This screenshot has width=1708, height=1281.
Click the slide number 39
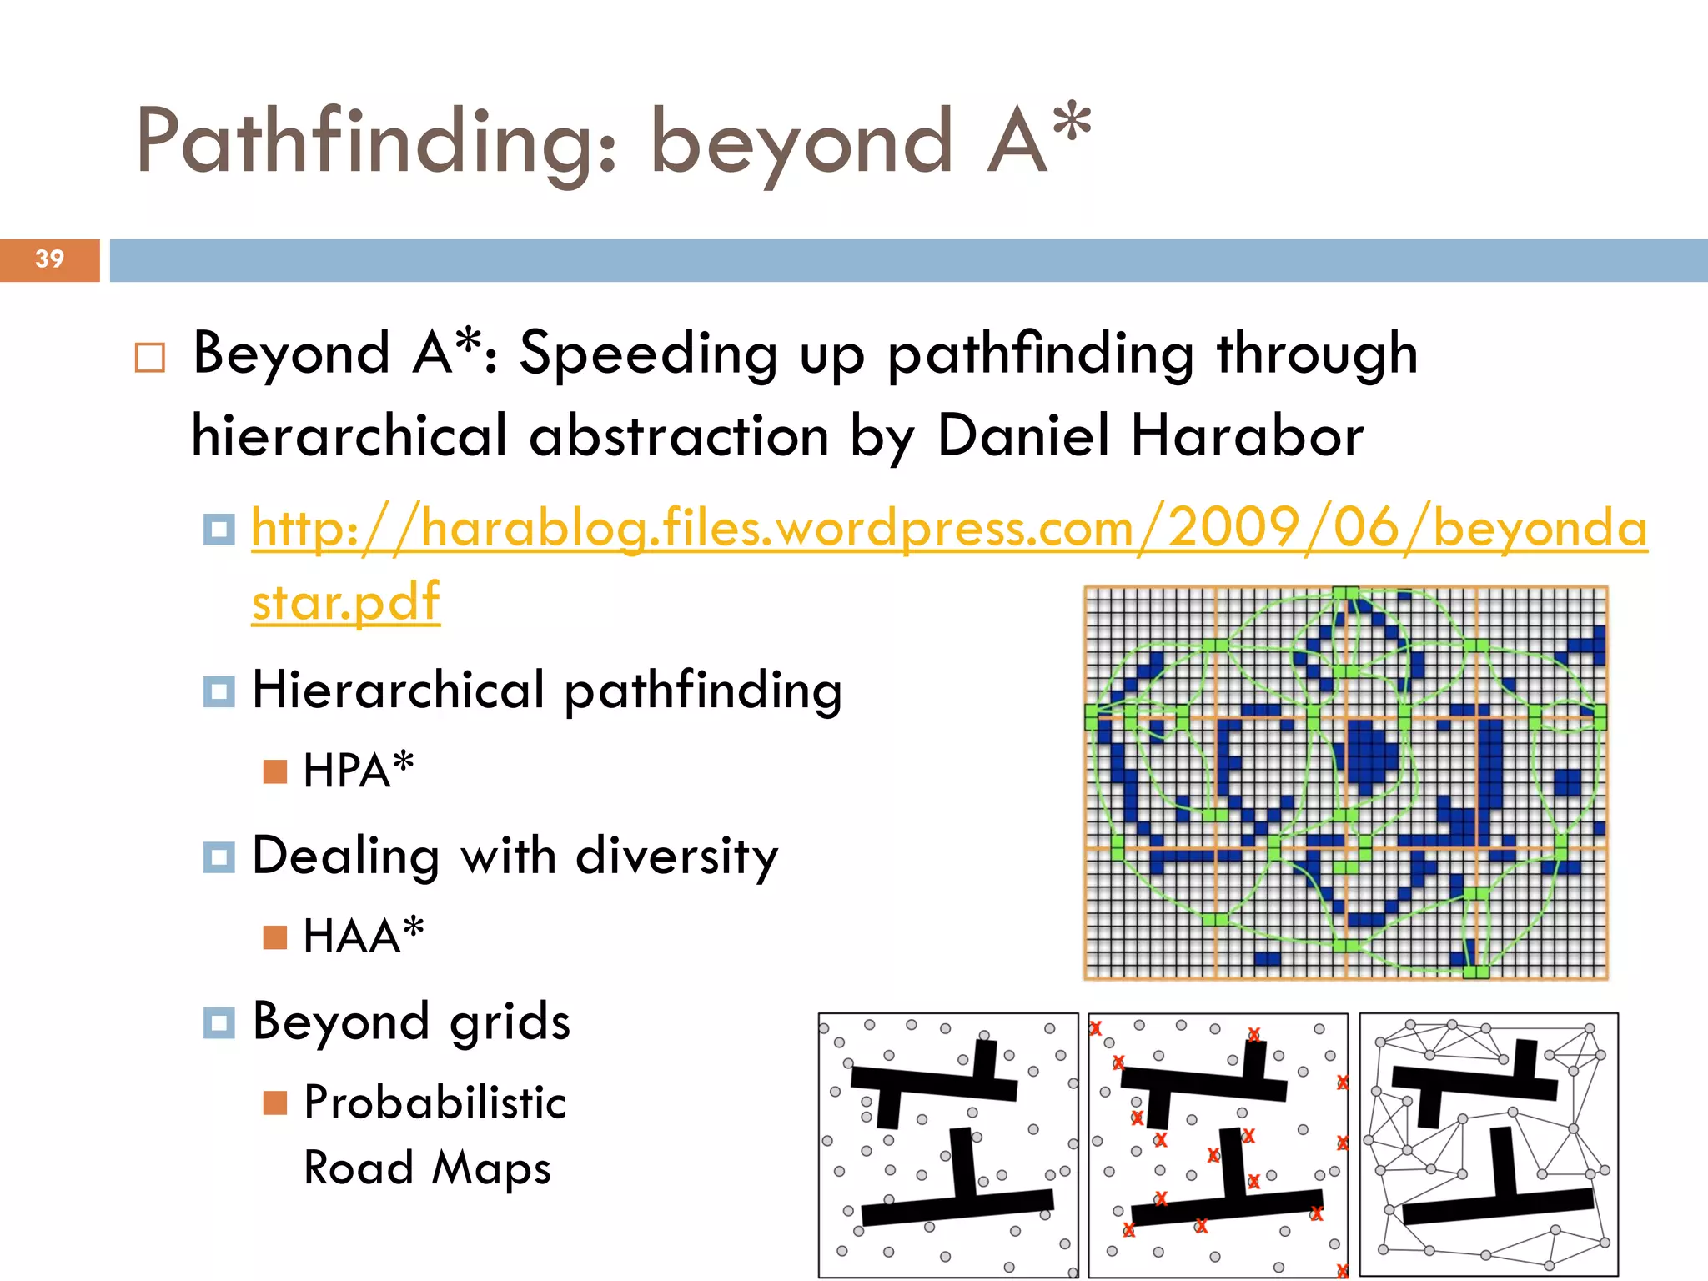click(50, 259)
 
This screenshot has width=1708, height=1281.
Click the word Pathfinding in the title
click(376, 142)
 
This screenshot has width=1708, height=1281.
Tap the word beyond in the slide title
click(801, 143)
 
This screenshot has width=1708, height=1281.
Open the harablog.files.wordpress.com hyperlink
click(949, 529)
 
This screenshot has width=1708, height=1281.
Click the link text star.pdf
click(345, 602)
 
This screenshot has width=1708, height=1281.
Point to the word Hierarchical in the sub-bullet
click(399, 691)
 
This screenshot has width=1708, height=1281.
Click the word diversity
click(676, 857)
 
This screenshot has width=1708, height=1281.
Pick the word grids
click(510, 1022)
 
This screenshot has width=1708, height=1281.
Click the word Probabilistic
click(435, 1103)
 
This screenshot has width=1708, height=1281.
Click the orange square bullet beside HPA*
click(274, 771)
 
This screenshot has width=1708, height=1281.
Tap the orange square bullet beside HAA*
click(274, 937)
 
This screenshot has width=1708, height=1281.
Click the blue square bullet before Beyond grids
click(219, 1023)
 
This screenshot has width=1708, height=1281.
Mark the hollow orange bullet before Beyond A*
click(150, 358)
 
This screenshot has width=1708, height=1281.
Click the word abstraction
click(679, 436)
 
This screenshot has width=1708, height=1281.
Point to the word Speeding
click(649, 354)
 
